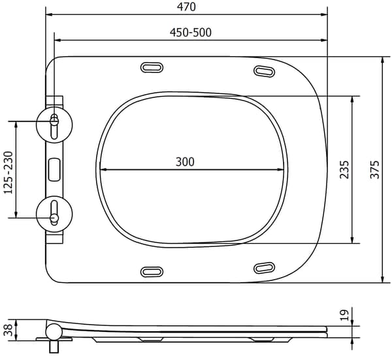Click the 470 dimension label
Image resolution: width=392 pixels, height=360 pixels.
pos(186,7)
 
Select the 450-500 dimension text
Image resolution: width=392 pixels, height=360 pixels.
pos(191,33)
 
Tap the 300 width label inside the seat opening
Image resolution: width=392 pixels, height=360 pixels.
pos(185,162)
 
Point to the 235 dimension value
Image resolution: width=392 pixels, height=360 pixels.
pos(344,169)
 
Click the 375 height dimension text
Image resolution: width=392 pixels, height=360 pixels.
pos(374,169)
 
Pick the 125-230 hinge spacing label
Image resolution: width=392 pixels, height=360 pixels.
pos(8,172)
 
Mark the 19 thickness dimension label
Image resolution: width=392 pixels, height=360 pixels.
pos(344,315)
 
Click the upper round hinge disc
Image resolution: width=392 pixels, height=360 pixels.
pos(54,125)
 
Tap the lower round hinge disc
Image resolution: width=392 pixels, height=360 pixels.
pos(54,214)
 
